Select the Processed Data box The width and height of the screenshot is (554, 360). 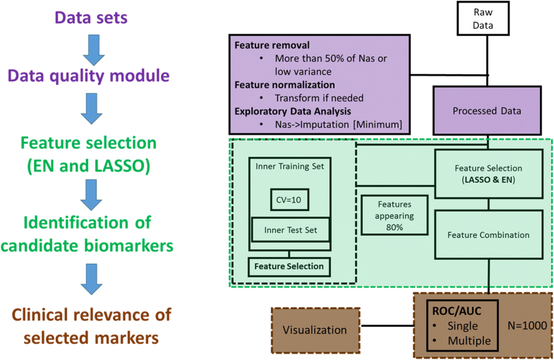click(x=488, y=110)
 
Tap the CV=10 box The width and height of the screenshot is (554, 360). click(x=289, y=200)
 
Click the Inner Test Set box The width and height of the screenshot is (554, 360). click(x=290, y=230)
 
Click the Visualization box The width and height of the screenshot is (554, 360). click(x=314, y=330)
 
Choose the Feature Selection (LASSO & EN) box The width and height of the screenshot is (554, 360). click(x=488, y=174)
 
